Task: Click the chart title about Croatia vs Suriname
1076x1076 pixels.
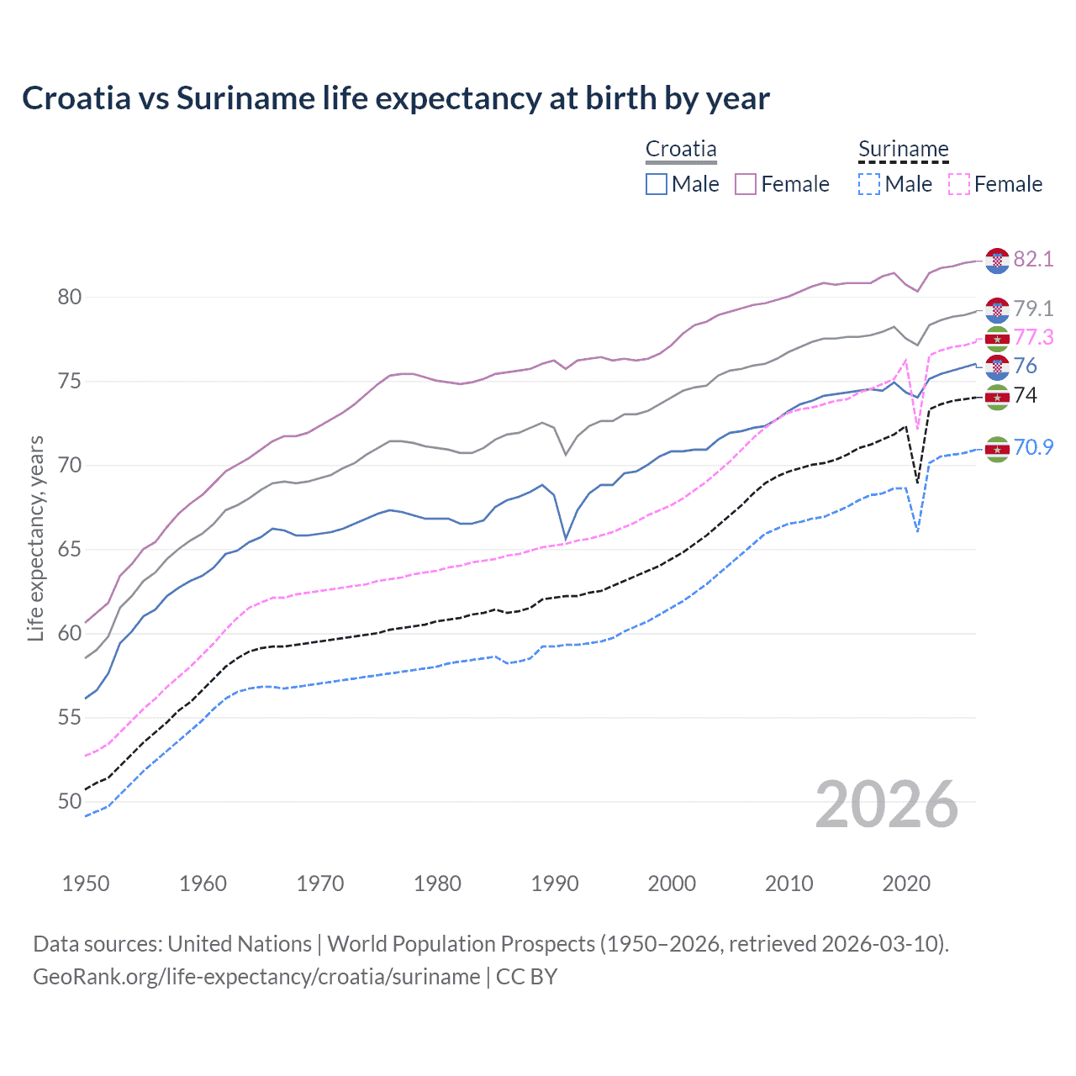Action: click(x=395, y=98)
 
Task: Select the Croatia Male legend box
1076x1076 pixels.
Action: click(x=657, y=184)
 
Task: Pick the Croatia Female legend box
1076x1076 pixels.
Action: click(x=746, y=184)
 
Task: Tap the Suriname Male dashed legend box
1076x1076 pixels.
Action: click(x=869, y=184)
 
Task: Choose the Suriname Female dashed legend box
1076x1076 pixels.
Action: click(x=959, y=184)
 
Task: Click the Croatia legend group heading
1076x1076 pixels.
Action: click(x=681, y=150)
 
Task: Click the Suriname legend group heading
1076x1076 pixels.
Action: click(x=903, y=150)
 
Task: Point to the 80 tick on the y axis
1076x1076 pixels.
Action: click(x=70, y=297)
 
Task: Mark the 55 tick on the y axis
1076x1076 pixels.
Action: click(x=70, y=717)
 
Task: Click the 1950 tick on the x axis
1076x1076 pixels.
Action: click(x=86, y=883)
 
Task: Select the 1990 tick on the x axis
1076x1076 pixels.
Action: click(x=555, y=883)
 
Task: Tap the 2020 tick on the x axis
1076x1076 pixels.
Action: click(x=907, y=883)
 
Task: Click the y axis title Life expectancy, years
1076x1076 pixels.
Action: click(x=35, y=538)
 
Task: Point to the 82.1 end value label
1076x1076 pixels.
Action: click(x=1033, y=259)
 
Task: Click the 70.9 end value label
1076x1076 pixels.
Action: click(x=1033, y=447)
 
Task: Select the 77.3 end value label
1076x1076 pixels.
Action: click(x=1033, y=337)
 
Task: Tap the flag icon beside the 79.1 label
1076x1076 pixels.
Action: click(x=997, y=309)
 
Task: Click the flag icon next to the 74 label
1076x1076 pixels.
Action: click(x=997, y=397)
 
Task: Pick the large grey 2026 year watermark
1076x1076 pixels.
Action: click(x=887, y=804)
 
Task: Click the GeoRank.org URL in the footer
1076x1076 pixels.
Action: click(x=256, y=977)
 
